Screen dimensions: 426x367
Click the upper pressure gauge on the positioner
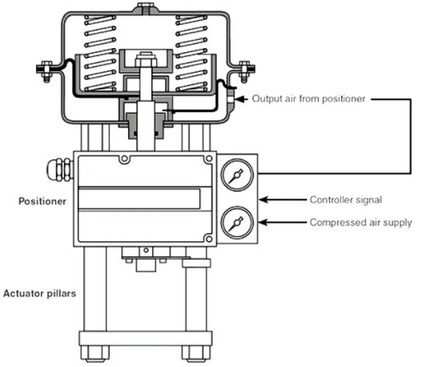point(237,175)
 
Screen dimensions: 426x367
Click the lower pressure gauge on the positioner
point(237,222)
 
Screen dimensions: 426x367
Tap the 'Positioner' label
point(42,201)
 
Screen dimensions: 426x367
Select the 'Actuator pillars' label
point(40,293)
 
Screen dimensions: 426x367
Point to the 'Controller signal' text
point(346,200)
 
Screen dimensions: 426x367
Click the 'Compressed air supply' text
point(361,223)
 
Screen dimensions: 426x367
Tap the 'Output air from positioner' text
point(308,99)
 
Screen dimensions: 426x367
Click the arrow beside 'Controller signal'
point(283,200)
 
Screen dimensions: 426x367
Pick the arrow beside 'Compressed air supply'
point(283,223)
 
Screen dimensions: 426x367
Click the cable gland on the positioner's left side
point(60,170)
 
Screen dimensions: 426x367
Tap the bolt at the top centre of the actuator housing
point(146,7)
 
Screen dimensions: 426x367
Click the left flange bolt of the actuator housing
point(46,71)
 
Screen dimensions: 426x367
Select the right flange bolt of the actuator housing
point(245,71)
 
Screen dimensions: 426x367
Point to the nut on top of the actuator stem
point(147,59)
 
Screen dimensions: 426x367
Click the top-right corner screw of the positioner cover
point(209,159)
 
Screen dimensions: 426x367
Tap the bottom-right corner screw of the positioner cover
point(209,240)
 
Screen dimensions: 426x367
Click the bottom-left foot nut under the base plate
point(95,353)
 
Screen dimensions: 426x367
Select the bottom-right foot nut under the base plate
point(196,353)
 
